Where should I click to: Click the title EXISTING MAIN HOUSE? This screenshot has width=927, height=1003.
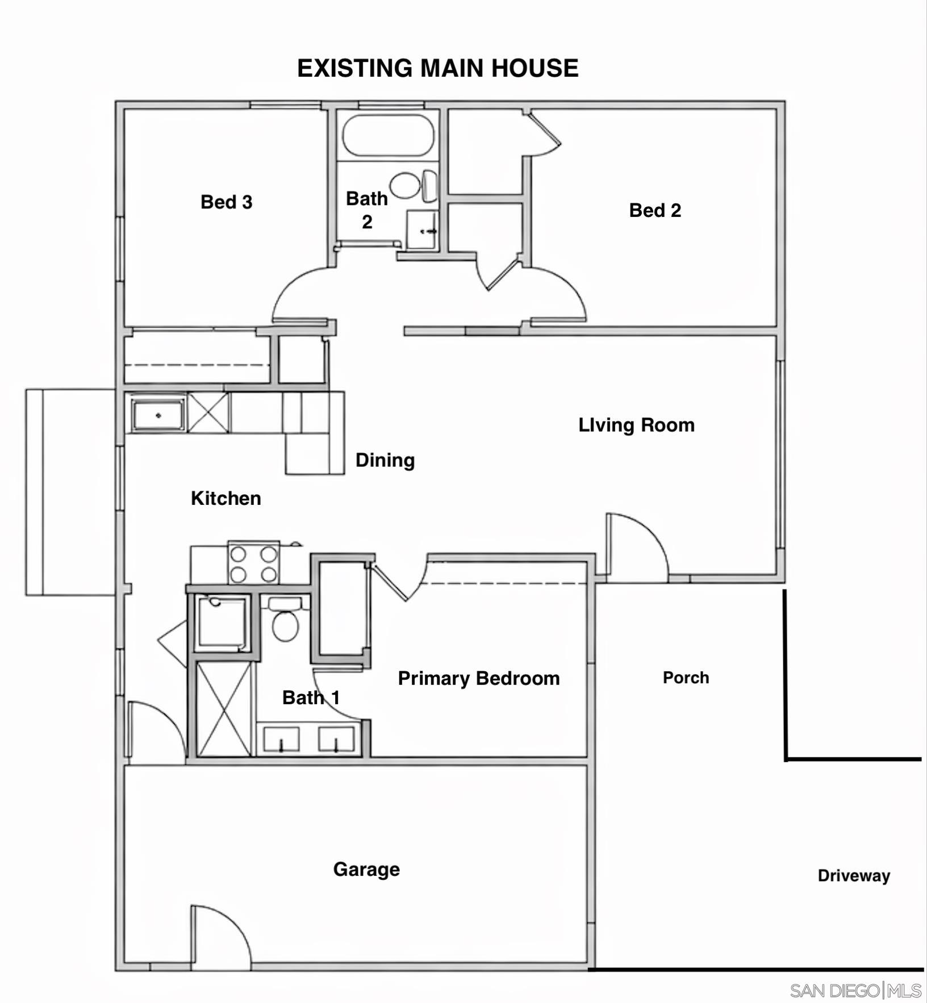pyautogui.click(x=438, y=68)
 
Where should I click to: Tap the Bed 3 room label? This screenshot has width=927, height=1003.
pyautogui.click(x=226, y=202)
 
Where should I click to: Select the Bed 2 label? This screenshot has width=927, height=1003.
pyautogui.click(x=655, y=210)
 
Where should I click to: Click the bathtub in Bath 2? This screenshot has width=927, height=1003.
pyautogui.click(x=389, y=135)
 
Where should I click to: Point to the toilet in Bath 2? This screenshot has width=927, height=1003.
pyautogui.click(x=413, y=185)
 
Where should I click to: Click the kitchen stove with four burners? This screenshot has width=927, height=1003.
pyautogui.click(x=253, y=562)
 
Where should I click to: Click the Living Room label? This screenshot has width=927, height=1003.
pyautogui.click(x=636, y=425)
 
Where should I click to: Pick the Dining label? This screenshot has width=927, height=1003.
pyautogui.click(x=385, y=460)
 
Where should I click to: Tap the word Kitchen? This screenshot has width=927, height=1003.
pyautogui.click(x=226, y=498)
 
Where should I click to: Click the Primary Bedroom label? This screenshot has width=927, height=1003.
pyautogui.click(x=479, y=678)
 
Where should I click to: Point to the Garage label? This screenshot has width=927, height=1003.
pyautogui.click(x=366, y=869)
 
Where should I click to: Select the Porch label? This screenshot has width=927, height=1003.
pyautogui.click(x=686, y=678)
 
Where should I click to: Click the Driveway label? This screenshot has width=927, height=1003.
pyautogui.click(x=854, y=876)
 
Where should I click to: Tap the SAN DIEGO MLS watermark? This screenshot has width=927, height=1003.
pyautogui.click(x=855, y=991)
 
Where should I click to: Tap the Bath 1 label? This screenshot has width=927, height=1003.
pyautogui.click(x=311, y=697)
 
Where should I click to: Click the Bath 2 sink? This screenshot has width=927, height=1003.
pyautogui.click(x=422, y=229)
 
